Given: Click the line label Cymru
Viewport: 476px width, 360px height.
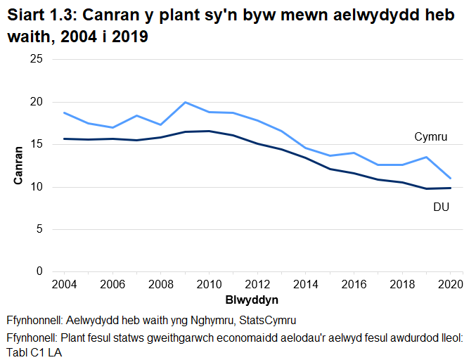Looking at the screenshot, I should [431, 136].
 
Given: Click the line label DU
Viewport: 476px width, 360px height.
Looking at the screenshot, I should [441, 207].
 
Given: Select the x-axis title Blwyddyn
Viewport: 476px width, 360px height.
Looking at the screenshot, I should [252, 300].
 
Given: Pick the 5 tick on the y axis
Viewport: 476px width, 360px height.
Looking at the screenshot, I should [39, 229].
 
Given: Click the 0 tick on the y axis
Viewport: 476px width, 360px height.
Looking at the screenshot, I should [39, 271].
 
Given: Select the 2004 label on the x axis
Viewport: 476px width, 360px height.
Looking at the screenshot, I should [64, 284].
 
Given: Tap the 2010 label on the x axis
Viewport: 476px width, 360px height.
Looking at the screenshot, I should [208, 284].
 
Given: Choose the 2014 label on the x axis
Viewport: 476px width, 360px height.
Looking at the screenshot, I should [305, 284].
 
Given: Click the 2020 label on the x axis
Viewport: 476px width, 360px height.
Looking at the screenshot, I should [449, 284].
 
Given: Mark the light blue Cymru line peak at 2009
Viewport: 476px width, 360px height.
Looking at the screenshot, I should [185, 102].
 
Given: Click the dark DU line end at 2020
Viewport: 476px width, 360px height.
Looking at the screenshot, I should [450, 188].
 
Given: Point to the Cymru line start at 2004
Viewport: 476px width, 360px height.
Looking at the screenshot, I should [64, 112].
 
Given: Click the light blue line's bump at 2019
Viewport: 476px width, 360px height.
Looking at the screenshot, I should [426, 157].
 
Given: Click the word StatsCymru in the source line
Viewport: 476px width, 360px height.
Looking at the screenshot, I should [266, 320].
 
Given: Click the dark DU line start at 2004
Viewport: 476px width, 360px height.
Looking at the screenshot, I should [64, 139].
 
